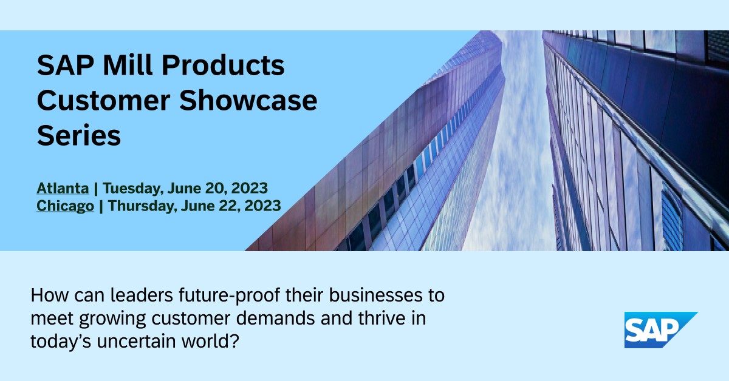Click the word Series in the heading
[79, 136]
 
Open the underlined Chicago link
[65, 206]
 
